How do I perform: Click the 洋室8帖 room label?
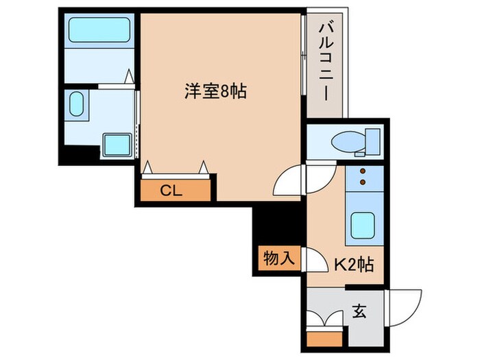[214, 91]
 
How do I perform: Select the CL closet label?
[171, 191]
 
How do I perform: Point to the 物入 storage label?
[279, 258]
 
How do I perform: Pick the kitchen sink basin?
[361, 225]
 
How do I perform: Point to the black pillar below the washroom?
[75, 154]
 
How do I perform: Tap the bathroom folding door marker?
[128, 77]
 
